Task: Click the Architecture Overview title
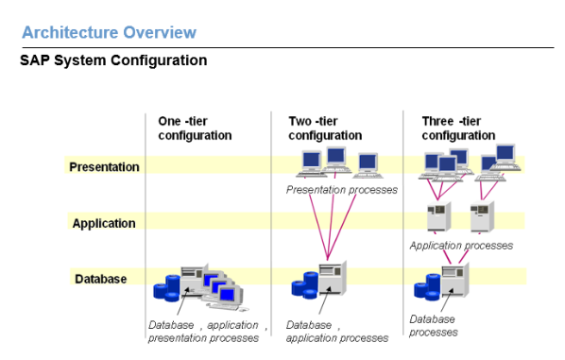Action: (109, 33)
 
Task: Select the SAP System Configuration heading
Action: (112, 60)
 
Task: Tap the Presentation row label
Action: (104, 167)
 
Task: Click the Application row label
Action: (104, 224)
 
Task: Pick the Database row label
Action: (100, 279)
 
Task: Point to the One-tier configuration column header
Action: (195, 129)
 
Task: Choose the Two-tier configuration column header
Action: (325, 129)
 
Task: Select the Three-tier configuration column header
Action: (457, 129)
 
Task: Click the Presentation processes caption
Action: (341, 190)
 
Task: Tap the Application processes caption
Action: (461, 246)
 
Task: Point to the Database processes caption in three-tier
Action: (435, 326)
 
